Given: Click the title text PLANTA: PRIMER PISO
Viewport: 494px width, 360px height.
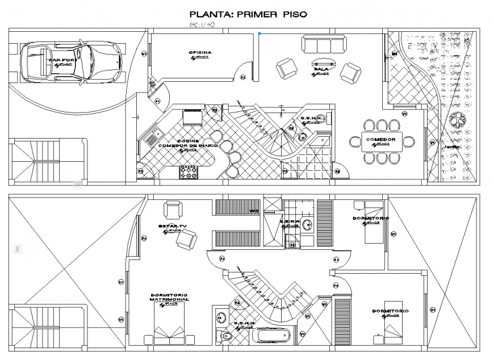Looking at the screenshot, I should tap(248, 14).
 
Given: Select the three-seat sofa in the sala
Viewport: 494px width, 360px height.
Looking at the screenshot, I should tap(323, 44).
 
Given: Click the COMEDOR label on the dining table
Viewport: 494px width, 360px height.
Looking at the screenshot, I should tap(383, 139).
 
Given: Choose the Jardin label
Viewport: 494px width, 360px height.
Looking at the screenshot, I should tap(452, 146).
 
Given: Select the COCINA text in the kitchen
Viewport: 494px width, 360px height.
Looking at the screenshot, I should tap(187, 140).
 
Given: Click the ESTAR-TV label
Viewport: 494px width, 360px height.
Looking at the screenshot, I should tap(173, 227).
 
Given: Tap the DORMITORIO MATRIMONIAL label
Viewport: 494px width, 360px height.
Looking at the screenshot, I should tap(170, 298).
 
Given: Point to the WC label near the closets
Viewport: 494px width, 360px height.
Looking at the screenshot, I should tap(253, 211).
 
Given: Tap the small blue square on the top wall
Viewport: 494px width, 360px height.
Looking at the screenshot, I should tap(259, 34).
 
